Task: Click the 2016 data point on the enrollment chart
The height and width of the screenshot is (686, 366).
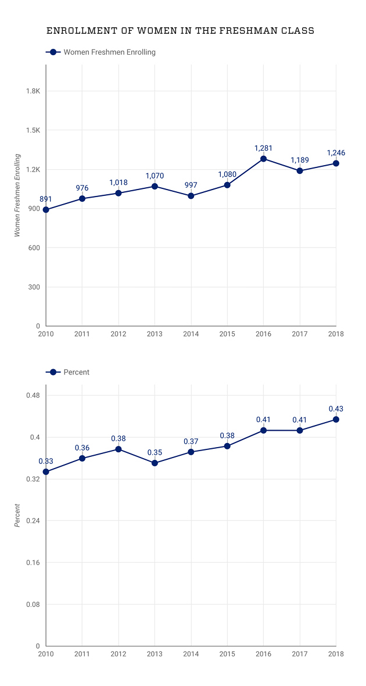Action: (263, 159)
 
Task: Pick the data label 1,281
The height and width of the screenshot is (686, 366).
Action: (263, 148)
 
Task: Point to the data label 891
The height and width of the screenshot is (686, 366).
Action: (46, 199)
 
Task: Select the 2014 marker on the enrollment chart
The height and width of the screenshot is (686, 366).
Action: (191, 196)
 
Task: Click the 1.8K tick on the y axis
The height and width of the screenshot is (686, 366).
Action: (33, 91)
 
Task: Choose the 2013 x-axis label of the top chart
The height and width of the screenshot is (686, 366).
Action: (155, 334)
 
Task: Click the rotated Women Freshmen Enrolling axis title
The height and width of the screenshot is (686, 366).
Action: (17, 195)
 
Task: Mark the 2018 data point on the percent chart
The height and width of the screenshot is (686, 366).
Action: (336, 419)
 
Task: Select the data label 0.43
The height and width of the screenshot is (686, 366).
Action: (336, 409)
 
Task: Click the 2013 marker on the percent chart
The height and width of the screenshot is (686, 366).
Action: (155, 463)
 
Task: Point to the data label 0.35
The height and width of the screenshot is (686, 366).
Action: (155, 452)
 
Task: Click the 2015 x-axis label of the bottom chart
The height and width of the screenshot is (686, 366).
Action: (227, 653)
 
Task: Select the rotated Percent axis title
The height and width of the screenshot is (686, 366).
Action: (17, 515)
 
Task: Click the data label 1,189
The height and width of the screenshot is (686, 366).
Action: (300, 160)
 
